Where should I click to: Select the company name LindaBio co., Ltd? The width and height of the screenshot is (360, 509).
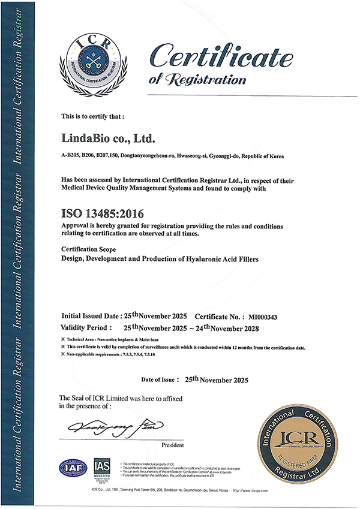pos(109,139)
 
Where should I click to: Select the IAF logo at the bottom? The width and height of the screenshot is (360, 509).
pos(72,468)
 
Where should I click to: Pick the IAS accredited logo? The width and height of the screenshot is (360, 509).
pos(102,468)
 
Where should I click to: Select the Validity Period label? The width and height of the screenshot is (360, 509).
pos(86,328)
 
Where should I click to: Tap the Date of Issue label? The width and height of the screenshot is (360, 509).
pos(159,380)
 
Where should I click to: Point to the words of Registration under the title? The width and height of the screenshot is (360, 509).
pos(196,79)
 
